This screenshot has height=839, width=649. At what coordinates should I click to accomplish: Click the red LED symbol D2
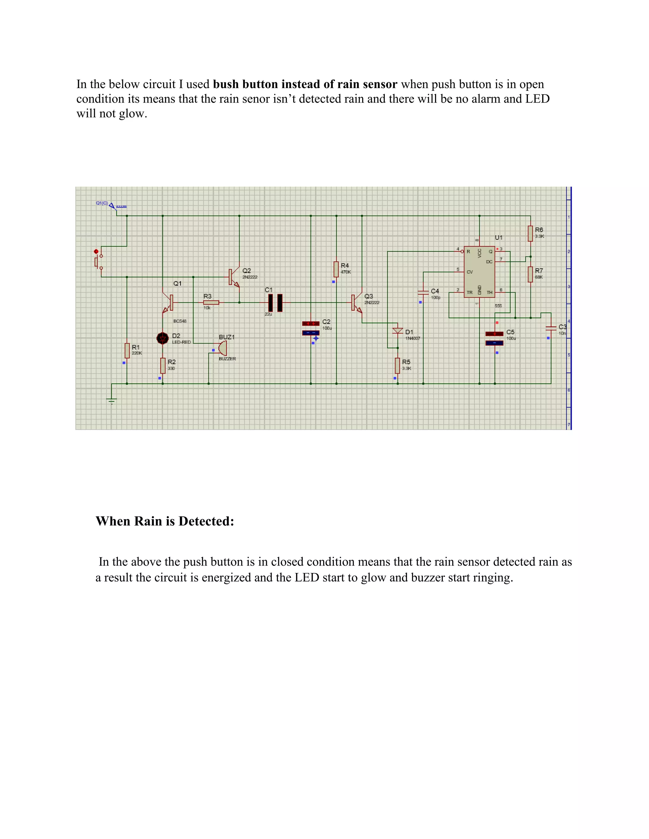pos(163,338)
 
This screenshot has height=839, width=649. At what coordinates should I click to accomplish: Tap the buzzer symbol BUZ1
pos(222,348)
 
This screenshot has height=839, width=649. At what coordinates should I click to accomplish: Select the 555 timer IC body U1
pos(479,272)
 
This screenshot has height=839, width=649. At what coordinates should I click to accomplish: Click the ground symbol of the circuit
pos(112,401)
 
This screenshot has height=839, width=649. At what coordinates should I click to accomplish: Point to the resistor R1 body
pos(127,350)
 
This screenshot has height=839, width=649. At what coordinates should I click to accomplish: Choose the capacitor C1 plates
pos(275,303)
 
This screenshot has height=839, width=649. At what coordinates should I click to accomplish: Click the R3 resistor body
pos(211,303)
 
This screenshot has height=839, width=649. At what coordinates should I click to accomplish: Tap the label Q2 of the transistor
pos(247,271)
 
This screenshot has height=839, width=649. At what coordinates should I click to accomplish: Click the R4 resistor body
pos(336,269)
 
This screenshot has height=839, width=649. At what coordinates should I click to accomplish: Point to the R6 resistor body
pos(530,233)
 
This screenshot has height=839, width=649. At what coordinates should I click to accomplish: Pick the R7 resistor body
pos(530,274)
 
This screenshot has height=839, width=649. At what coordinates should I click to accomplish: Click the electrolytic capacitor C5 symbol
pos(494,338)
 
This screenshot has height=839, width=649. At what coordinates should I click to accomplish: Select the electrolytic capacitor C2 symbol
pos(311,328)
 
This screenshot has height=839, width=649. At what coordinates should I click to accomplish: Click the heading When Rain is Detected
pos(164,521)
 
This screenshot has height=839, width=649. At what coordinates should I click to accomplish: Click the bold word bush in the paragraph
pos(226,84)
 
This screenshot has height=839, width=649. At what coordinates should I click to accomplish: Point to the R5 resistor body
pos(398,365)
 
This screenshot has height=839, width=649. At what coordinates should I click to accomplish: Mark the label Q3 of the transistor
pos(368,296)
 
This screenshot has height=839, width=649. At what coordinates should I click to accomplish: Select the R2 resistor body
pos(163,365)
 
